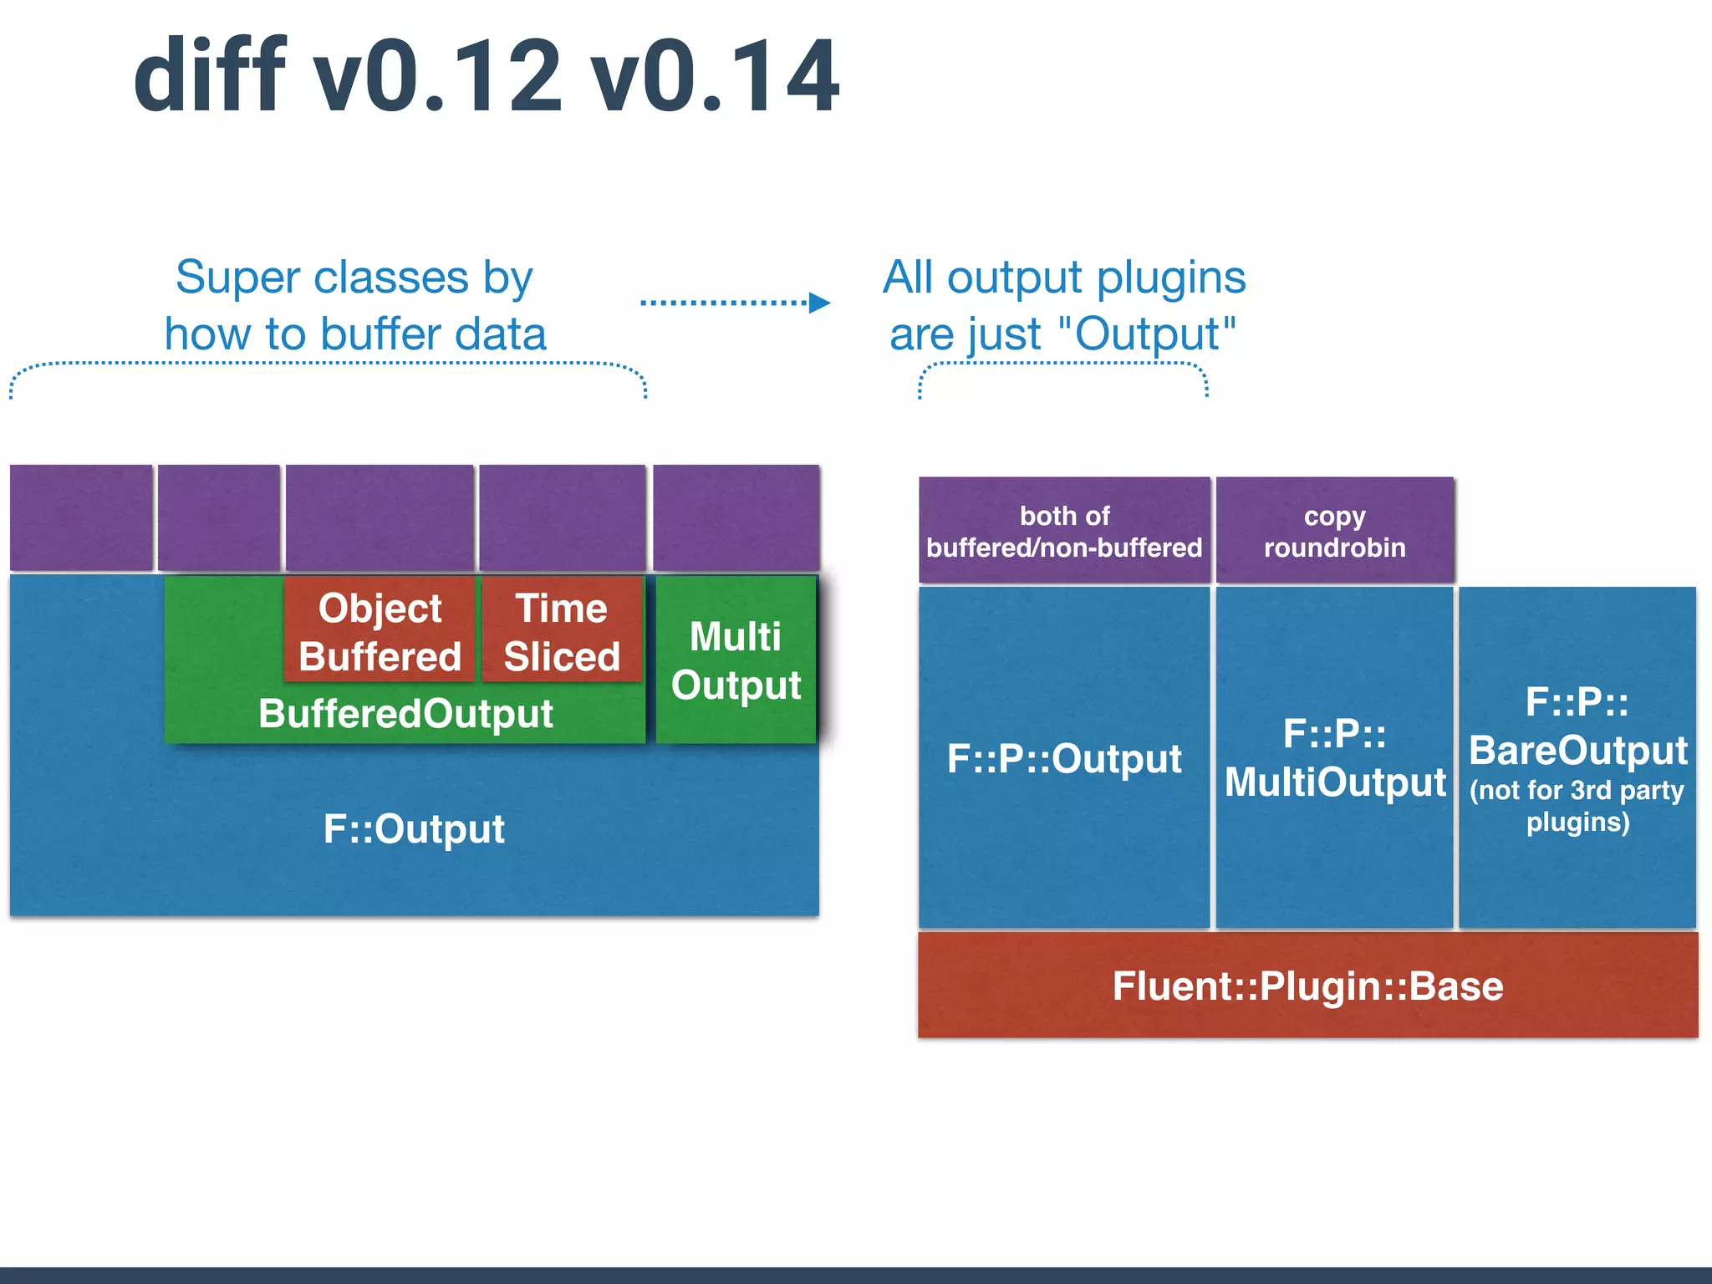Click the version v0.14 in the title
click(715, 77)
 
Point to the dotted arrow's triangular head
click(819, 303)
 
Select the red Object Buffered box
click(380, 632)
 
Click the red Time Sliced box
click(562, 632)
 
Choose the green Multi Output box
click(736, 660)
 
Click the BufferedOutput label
click(405, 714)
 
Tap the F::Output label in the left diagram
click(414, 829)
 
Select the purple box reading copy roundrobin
click(1335, 531)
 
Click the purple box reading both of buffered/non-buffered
click(1064, 531)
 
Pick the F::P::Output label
click(1064, 759)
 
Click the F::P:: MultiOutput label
click(1335, 758)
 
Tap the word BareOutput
click(1578, 750)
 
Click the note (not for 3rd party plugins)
click(1577, 806)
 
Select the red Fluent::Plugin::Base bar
click(1308, 986)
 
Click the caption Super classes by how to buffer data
click(355, 305)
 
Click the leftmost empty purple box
click(81, 517)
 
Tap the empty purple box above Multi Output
click(736, 517)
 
